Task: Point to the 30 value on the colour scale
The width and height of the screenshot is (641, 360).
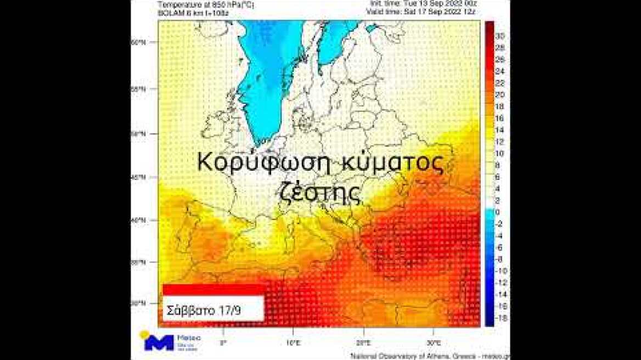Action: click(499, 36)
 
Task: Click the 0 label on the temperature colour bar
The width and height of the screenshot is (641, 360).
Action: click(497, 212)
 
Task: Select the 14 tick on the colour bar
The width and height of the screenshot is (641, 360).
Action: click(499, 130)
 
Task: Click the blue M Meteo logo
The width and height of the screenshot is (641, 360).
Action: click(159, 342)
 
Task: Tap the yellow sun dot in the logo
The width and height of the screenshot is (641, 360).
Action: click(144, 334)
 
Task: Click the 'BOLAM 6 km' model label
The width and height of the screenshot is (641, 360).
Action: click(187, 10)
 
